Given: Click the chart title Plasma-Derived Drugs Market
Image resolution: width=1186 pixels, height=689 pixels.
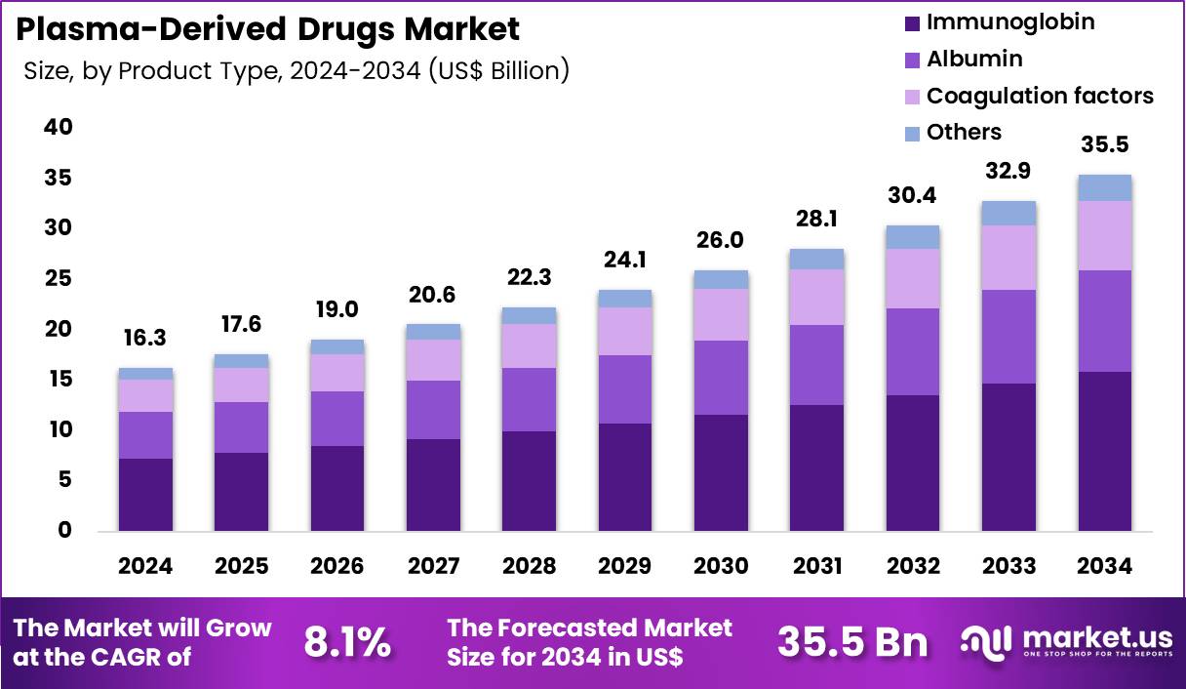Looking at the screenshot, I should point(267,29).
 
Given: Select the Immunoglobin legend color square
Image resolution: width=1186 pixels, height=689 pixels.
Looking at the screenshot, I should point(912,22).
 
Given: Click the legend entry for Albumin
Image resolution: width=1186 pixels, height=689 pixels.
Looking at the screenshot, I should point(973,59).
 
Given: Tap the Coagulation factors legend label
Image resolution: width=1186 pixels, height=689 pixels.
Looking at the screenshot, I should point(1039,96).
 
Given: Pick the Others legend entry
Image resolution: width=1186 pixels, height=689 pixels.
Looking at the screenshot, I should point(963,132).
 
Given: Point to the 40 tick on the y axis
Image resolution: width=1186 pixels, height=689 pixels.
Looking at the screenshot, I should point(58,127).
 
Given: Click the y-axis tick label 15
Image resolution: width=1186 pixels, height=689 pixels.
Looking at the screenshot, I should point(58,379).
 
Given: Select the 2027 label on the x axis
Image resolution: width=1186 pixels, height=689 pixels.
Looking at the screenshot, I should point(433,566).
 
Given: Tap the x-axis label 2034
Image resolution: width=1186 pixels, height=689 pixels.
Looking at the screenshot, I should point(1105,566).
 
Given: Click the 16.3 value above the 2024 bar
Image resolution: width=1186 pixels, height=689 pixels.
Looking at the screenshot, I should point(145,340).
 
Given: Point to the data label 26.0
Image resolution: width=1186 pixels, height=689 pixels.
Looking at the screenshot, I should point(721,240).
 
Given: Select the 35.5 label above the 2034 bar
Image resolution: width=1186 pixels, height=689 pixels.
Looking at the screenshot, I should point(1105,145).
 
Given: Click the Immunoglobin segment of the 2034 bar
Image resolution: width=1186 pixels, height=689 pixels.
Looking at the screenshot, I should point(1105,451).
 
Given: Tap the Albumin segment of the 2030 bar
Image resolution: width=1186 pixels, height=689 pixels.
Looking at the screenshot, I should point(721,378).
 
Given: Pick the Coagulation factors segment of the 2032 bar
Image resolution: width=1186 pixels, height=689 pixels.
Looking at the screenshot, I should point(913,278).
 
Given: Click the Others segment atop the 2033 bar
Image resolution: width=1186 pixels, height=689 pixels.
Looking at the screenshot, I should point(1008,213).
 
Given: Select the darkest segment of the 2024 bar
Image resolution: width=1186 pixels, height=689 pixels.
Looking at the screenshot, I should point(145,495).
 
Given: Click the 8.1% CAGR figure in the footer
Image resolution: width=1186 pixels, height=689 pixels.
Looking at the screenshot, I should point(347,642).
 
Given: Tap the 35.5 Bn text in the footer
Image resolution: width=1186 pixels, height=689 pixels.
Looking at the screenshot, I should point(852,642).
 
